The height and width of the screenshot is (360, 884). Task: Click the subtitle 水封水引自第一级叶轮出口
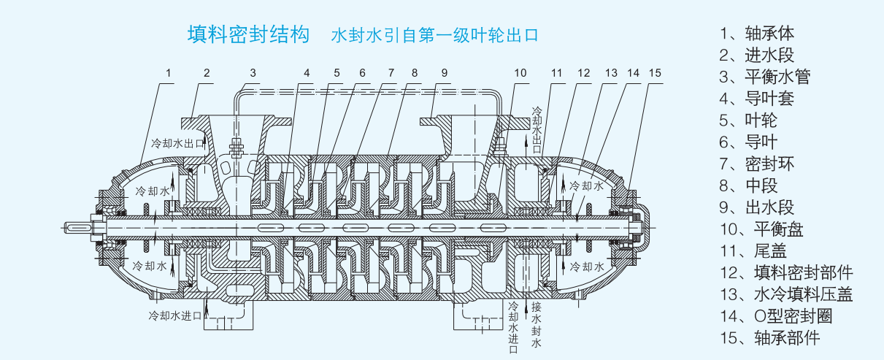(435, 35)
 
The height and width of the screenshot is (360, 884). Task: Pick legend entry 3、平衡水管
(764, 77)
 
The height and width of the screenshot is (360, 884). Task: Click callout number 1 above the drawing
(169, 73)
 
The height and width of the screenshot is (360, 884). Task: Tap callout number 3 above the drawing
(253, 73)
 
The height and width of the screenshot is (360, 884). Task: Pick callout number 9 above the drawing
(444, 73)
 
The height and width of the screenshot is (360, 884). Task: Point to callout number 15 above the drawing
(655, 73)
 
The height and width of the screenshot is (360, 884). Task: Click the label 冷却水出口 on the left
(177, 142)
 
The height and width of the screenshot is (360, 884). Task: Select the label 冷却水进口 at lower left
(174, 315)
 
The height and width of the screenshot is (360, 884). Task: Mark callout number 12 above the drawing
(583, 73)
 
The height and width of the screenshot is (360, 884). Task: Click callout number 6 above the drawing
(361, 73)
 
